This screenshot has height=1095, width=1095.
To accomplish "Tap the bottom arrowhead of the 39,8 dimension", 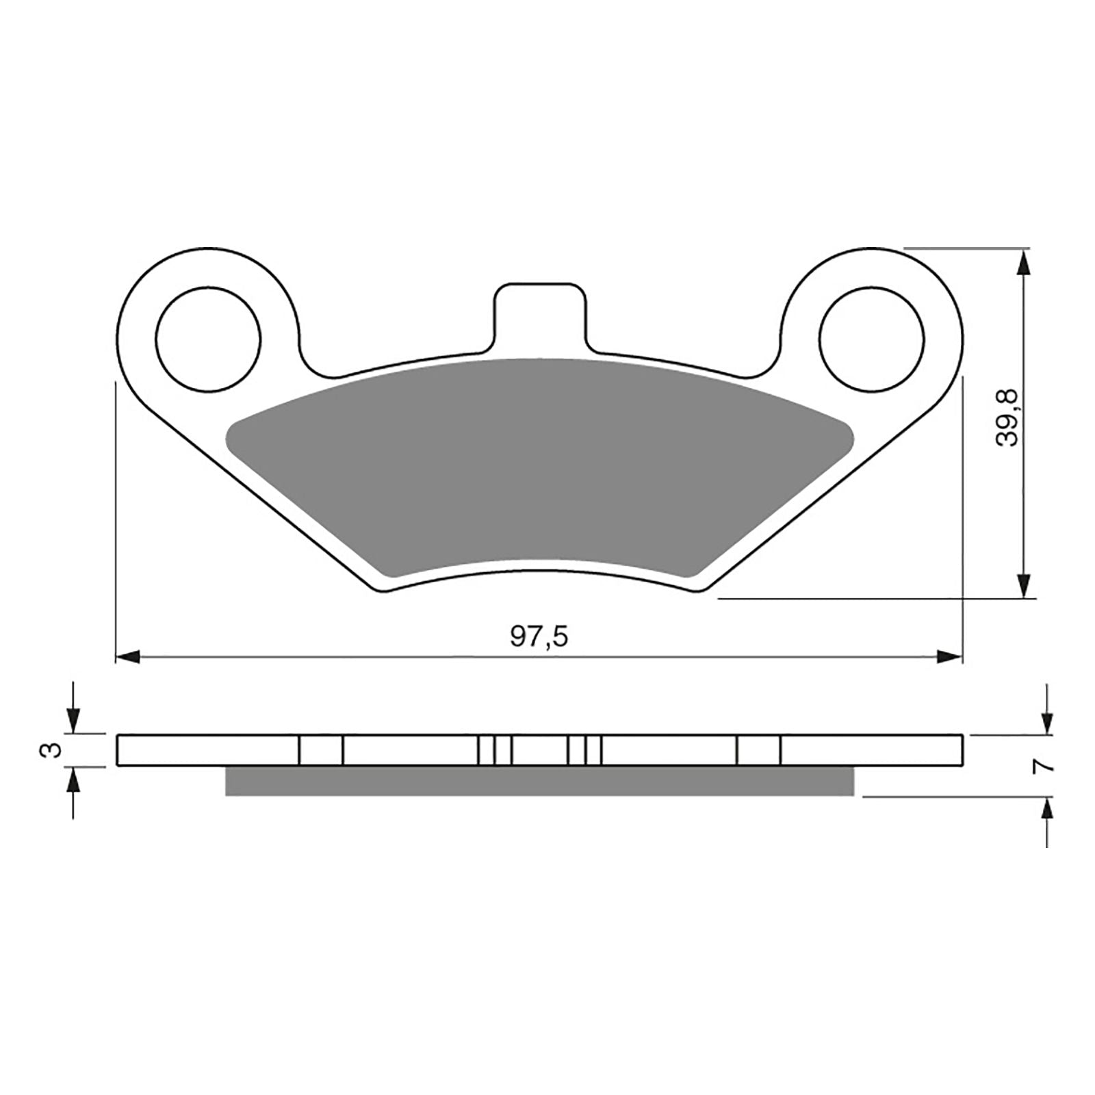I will pyautogui.click(x=1023, y=586).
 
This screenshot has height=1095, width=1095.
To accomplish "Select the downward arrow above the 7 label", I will pyautogui.click(x=1046, y=722).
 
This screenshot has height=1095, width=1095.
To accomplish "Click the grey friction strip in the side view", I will pyautogui.click(x=539, y=781).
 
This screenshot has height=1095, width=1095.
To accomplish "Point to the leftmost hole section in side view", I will pyautogui.click(x=321, y=750).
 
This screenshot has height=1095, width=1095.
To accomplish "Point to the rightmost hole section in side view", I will pyautogui.click(x=758, y=750).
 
